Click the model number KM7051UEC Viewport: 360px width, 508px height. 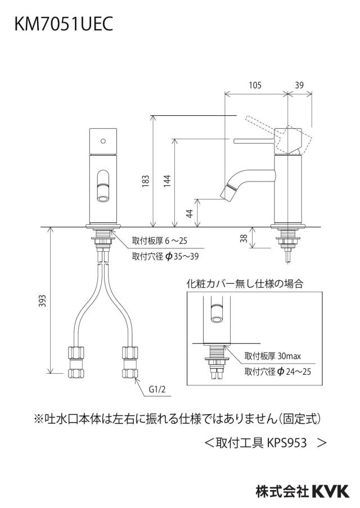coord(64,24)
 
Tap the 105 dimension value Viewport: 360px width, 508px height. coord(255,85)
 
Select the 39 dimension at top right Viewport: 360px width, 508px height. coord(299,85)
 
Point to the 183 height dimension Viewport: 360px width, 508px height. coord(145,181)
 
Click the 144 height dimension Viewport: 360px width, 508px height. coord(166,181)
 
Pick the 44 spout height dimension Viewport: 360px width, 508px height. coord(190,213)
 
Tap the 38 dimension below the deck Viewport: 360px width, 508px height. coord(244,238)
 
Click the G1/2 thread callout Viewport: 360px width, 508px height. coord(157,389)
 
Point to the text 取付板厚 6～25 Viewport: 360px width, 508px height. coord(160,241)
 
